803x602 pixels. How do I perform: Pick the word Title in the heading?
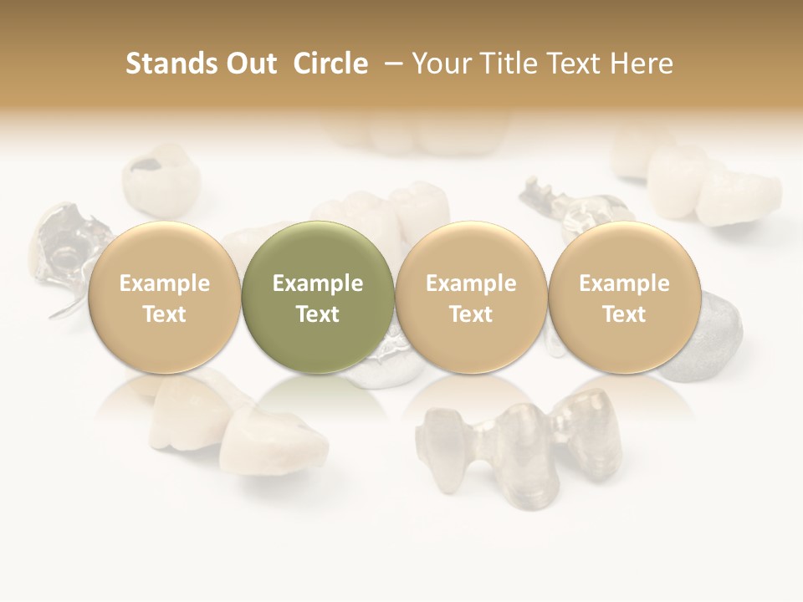(x=509, y=64)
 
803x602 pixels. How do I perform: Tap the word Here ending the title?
(x=643, y=64)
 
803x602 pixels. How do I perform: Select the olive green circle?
(x=318, y=297)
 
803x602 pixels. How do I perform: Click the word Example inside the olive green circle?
(x=318, y=283)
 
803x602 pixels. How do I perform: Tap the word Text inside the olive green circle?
(x=318, y=314)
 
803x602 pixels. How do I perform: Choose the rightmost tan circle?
(x=624, y=297)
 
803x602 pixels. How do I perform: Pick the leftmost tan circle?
(x=164, y=297)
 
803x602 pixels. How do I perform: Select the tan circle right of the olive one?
(x=471, y=297)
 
